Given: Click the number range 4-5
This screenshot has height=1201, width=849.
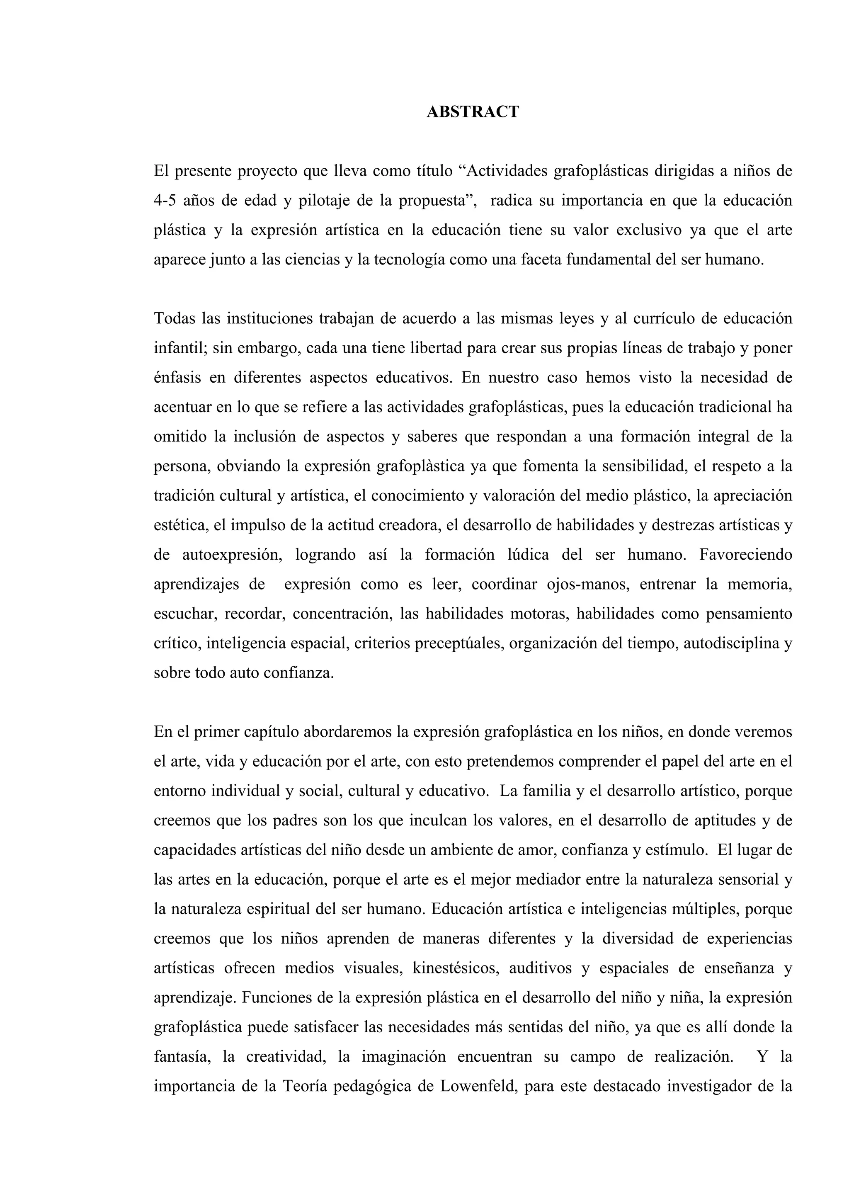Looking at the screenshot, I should [x=164, y=201].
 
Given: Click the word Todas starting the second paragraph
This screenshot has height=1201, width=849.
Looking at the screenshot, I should [x=174, y=318].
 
